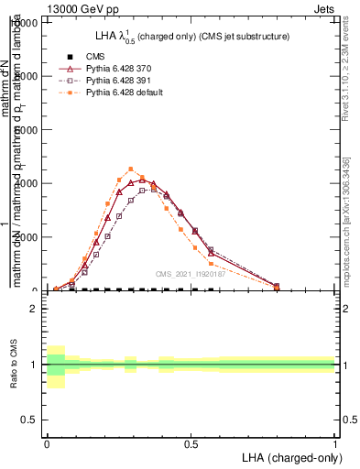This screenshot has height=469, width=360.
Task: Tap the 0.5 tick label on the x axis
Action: coord(191,443)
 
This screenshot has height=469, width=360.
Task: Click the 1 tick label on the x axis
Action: coord(334,443)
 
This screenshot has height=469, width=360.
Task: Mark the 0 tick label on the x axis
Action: coord(47,443)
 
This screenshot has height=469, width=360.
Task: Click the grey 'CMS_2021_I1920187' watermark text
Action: coord(190,273)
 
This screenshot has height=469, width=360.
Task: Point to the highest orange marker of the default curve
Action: coord(131,169)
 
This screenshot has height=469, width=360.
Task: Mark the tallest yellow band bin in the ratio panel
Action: coord(55,366)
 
